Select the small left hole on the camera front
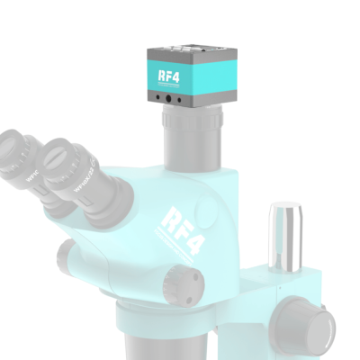pos(157,97)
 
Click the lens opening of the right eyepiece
pos(63,154)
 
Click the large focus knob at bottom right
pos(310,323)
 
